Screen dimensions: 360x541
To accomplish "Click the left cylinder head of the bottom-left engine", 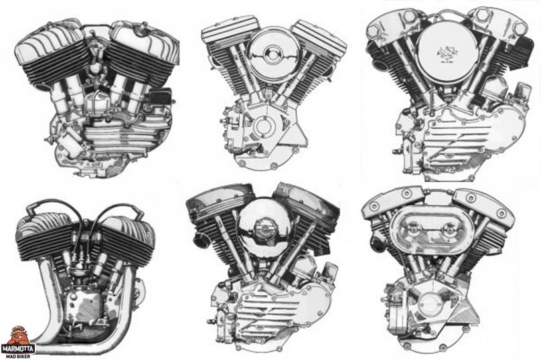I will point(47,231).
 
